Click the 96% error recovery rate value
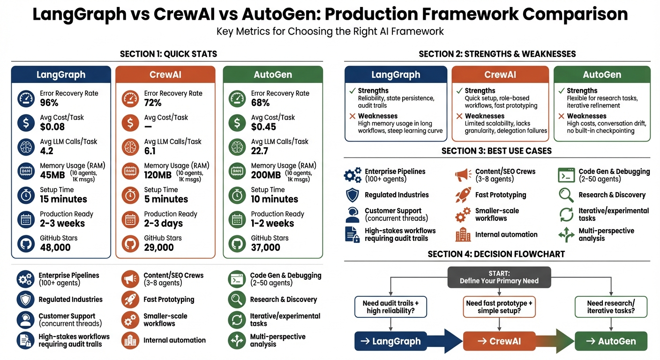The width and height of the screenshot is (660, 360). (x=49, y=103)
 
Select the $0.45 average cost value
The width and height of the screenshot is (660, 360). (x=263, y=127)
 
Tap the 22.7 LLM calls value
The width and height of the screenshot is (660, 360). (x=260, y=151)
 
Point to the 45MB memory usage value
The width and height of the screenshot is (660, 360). (x=53, y=175)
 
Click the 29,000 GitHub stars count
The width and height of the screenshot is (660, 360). (x=159, y=247)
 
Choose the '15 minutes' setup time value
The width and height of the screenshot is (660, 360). (x=64, y=199)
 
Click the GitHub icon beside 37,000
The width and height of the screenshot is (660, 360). (x=237, y=243)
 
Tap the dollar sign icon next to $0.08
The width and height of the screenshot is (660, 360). (x=26, y=123)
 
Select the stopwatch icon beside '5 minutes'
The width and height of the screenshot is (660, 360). (x=130, y=195)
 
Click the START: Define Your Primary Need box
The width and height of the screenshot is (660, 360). (x=499, y=277)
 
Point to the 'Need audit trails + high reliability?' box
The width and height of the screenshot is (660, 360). (x=390, y=307)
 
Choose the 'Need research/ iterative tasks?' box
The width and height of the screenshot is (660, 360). (x=610, y=307)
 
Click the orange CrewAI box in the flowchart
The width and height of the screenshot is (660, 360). (x=499, y=341)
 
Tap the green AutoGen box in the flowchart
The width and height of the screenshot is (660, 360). (x=610, y=341)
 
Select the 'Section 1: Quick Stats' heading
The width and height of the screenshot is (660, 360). (x=168, y=54)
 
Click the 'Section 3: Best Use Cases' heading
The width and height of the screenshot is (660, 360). (x=496, y=151)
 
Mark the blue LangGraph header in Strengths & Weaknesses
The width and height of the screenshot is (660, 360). (x=396, y=75)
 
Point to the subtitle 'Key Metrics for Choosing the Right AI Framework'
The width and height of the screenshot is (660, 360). (x=330, y=32)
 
